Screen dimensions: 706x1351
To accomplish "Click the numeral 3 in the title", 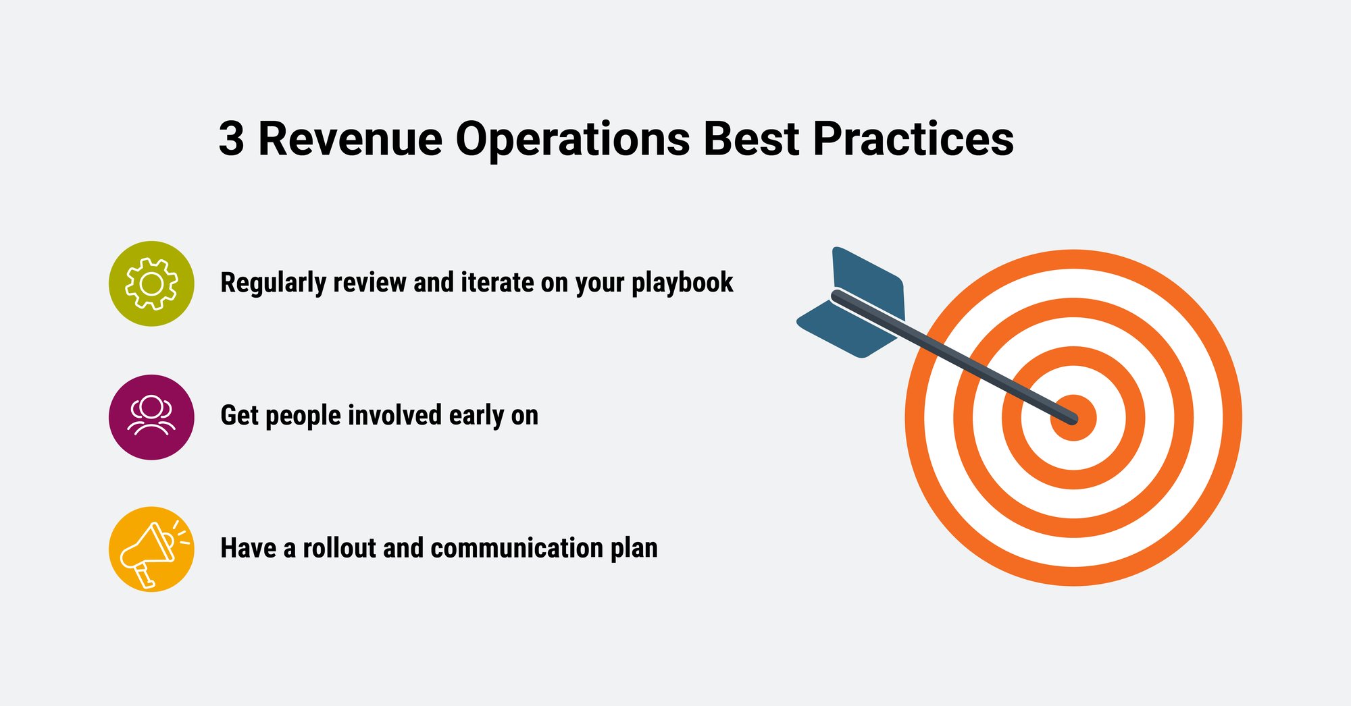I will click(x=231, y=139).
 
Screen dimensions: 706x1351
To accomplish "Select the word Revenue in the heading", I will click(x=350, y=139).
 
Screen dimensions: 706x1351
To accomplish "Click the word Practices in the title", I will click(x=913, y=139).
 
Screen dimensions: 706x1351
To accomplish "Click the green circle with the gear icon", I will click(x=151, y=283).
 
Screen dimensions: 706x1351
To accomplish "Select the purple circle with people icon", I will click(x=151, y=417).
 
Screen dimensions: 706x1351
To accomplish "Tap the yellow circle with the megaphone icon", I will click(x=151, y=549).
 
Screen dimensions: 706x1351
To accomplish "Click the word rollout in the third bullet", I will click(x=338, y=548).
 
